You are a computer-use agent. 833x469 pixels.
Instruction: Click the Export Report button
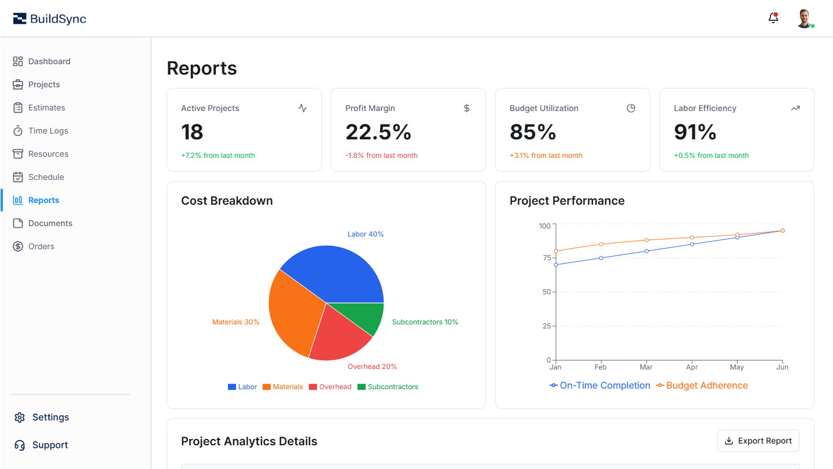[758, 441]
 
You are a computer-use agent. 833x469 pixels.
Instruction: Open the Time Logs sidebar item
[48, 131]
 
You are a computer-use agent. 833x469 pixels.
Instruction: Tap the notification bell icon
[773, 18]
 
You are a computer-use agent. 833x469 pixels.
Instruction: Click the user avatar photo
[804, 18]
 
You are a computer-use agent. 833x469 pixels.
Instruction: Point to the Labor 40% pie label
[365, 234]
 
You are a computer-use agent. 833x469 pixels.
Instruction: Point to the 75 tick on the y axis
[546, 258]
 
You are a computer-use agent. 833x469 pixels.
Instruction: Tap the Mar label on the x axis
[646, 367]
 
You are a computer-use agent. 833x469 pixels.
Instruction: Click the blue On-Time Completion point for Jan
[556, 265]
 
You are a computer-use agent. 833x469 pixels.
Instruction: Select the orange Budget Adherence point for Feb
[601, 244]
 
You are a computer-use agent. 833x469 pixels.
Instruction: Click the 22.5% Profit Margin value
[378, 132]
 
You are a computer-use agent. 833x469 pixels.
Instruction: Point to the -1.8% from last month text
[381, 156]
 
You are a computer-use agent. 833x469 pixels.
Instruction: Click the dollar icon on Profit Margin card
[467, 108]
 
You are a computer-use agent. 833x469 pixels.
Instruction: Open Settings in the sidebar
[50, 417]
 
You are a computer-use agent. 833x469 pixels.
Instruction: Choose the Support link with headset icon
[50, 445]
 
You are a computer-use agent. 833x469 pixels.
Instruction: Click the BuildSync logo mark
[20, 19]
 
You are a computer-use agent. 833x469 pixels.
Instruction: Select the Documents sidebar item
[50, 223]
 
